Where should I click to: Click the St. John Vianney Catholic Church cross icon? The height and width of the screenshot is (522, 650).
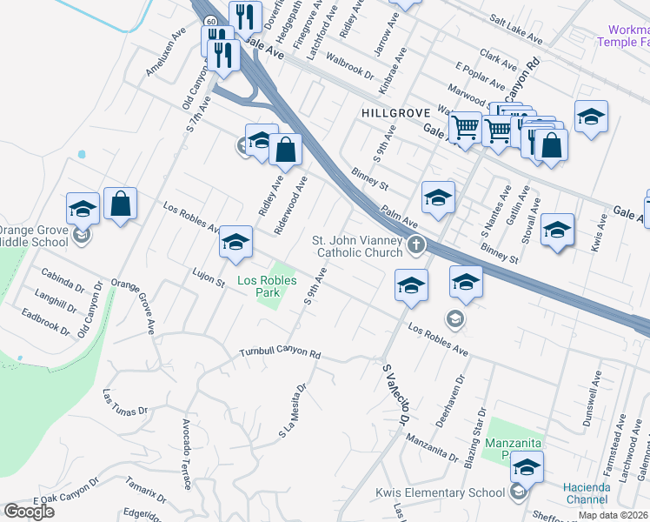[x=416, y=244]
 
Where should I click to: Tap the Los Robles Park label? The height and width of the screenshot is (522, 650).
[x=268, y=286]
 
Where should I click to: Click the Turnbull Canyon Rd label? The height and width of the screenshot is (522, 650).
[x=281, y=354]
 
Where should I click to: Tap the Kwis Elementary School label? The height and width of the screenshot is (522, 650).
[x=440, y=492]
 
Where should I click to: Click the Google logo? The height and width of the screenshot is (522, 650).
[x=29, y=512]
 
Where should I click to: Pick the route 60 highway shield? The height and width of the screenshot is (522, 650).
[x=211, y=20]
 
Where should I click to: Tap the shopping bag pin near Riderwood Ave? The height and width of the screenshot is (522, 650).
[x=285, y=151]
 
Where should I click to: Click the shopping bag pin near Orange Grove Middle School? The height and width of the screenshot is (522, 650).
[x=121, y=205]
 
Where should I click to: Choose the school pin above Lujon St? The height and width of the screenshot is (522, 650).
[x=235, y=244]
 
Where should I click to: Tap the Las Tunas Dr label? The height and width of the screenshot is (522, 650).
[x=125, y=402]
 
